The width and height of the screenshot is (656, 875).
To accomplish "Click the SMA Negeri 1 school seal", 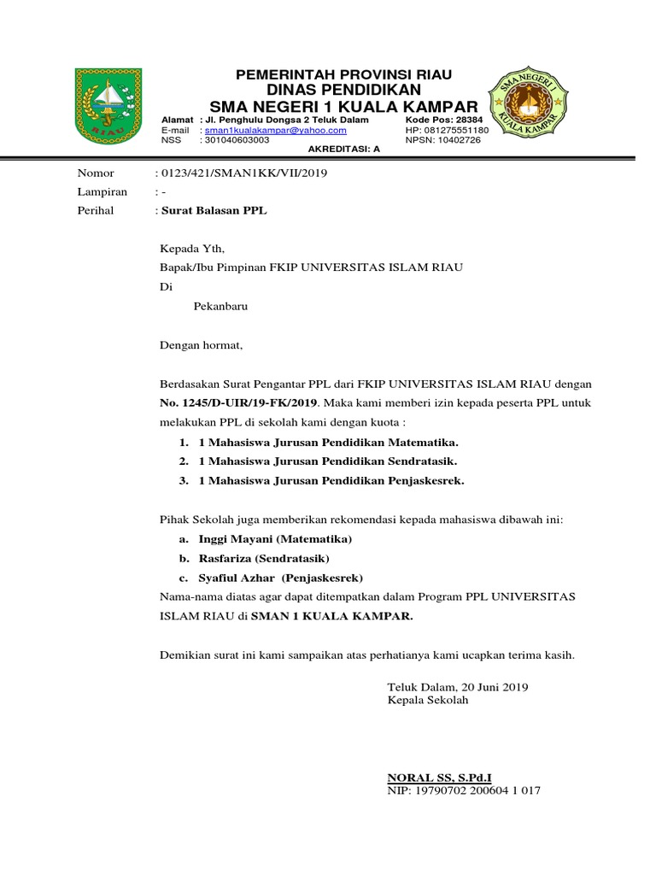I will point(526,107).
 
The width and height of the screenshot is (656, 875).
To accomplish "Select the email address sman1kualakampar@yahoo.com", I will point(276,130).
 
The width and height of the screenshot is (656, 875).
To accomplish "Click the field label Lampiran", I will point(102,192).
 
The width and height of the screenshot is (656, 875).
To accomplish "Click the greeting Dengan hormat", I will point(202,346).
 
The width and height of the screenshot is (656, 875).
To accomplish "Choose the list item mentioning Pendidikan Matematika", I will point(329,443).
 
